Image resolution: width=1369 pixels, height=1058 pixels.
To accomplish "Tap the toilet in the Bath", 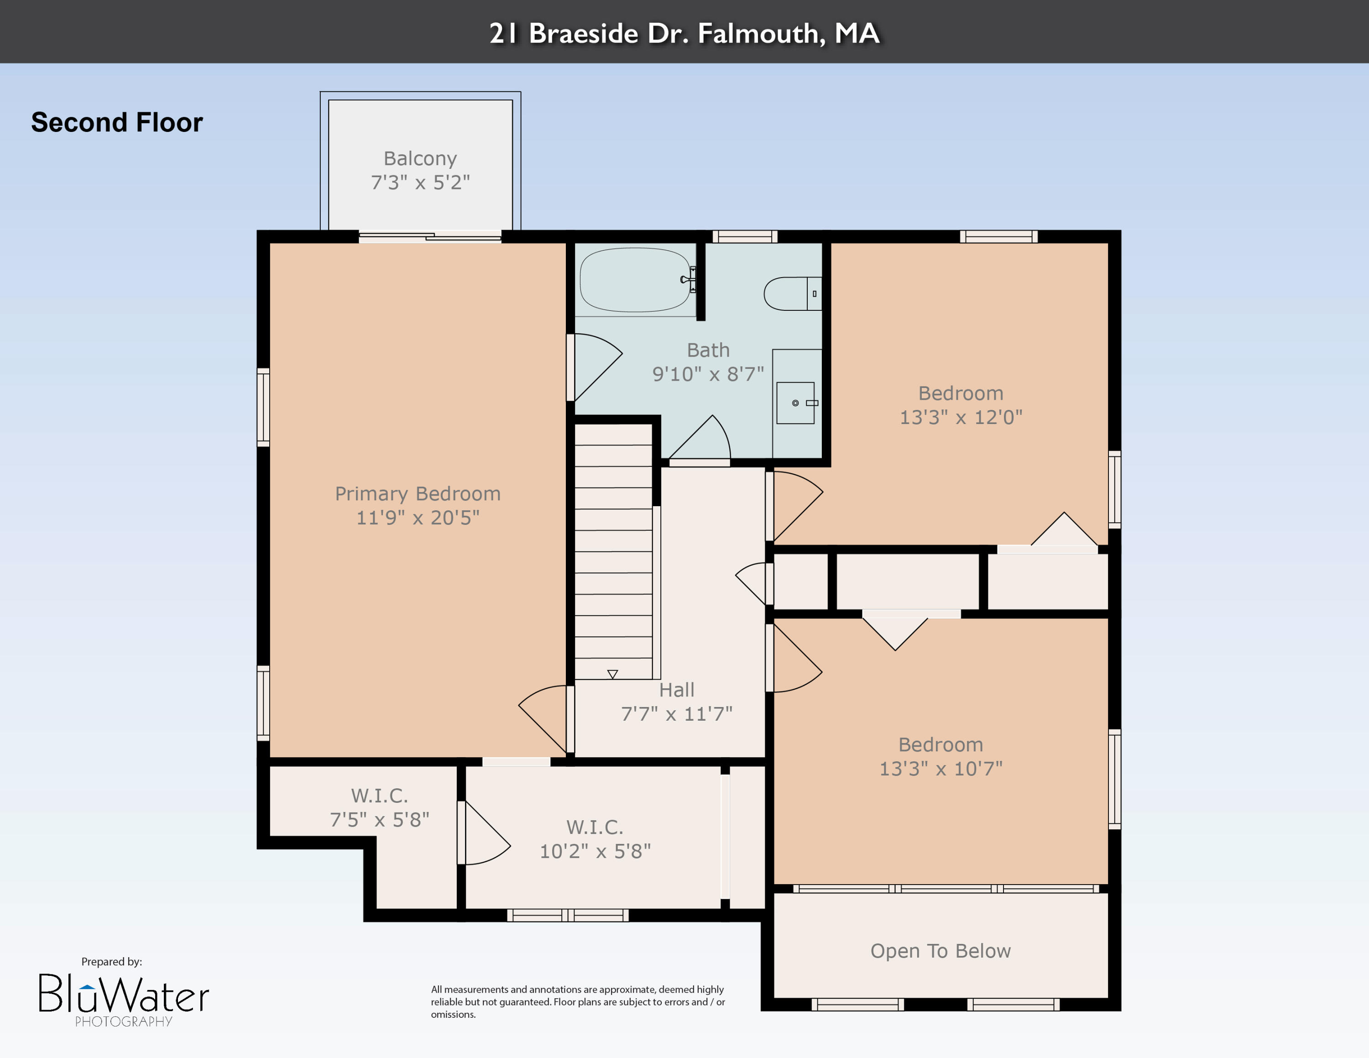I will tap(790, 293).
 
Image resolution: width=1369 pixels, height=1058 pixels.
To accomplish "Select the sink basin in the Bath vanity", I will tap(795, 403).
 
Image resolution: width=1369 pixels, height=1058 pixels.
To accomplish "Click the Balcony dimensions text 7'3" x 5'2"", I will tap(420, 183).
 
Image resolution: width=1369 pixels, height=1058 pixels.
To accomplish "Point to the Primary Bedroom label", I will tap(418, 494).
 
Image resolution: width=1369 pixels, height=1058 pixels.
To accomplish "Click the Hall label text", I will tap(676, 690).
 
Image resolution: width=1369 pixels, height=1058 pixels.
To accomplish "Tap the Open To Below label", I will tap(940, 951).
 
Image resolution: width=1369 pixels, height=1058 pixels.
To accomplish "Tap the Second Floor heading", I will tap(117, 122).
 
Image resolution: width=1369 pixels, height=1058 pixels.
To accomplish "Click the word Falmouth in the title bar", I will tap(762, 33).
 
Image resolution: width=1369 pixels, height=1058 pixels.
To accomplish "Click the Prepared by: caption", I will tap(112, 962).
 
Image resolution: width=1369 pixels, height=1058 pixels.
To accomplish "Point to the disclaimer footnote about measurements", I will tap(577, 1001).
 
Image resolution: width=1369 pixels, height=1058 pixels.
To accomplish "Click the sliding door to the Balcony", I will tap(430, 237).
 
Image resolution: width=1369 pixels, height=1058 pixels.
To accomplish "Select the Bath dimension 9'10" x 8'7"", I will tap(708, 374).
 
